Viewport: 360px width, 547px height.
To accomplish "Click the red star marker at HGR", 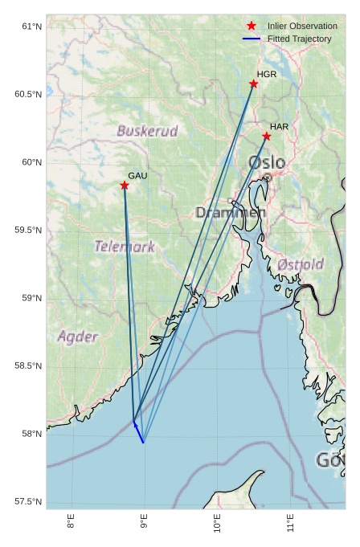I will click(253, 84).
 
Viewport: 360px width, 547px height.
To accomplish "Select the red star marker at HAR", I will click(266, 136).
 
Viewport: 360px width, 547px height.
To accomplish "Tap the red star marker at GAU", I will click(125, 186).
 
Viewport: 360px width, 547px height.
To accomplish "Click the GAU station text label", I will click(137, 175).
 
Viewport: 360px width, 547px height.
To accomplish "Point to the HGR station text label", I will click(267, 74).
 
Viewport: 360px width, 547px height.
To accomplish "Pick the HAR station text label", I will click(279, 127).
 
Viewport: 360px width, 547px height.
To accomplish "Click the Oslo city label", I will click(267, 163).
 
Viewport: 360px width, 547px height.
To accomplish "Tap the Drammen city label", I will click(230, 213).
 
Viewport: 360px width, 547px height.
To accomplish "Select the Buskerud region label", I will click(147, 131).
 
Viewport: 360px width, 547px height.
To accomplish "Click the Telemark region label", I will click(125, 247).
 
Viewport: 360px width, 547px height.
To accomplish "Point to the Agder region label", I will click(78, 337).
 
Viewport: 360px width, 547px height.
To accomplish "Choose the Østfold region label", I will click(301, 264).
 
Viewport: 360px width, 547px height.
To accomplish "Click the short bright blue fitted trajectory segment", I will click(138, 431).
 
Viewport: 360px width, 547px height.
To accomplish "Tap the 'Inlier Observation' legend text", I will click(302, 27).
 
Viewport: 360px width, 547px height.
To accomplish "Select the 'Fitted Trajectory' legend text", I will click(299, 39).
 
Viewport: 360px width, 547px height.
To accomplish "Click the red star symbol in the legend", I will click(252, 27).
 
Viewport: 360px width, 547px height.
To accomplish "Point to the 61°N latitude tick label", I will click(31, 27).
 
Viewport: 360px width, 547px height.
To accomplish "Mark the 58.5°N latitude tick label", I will click(28, 366).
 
